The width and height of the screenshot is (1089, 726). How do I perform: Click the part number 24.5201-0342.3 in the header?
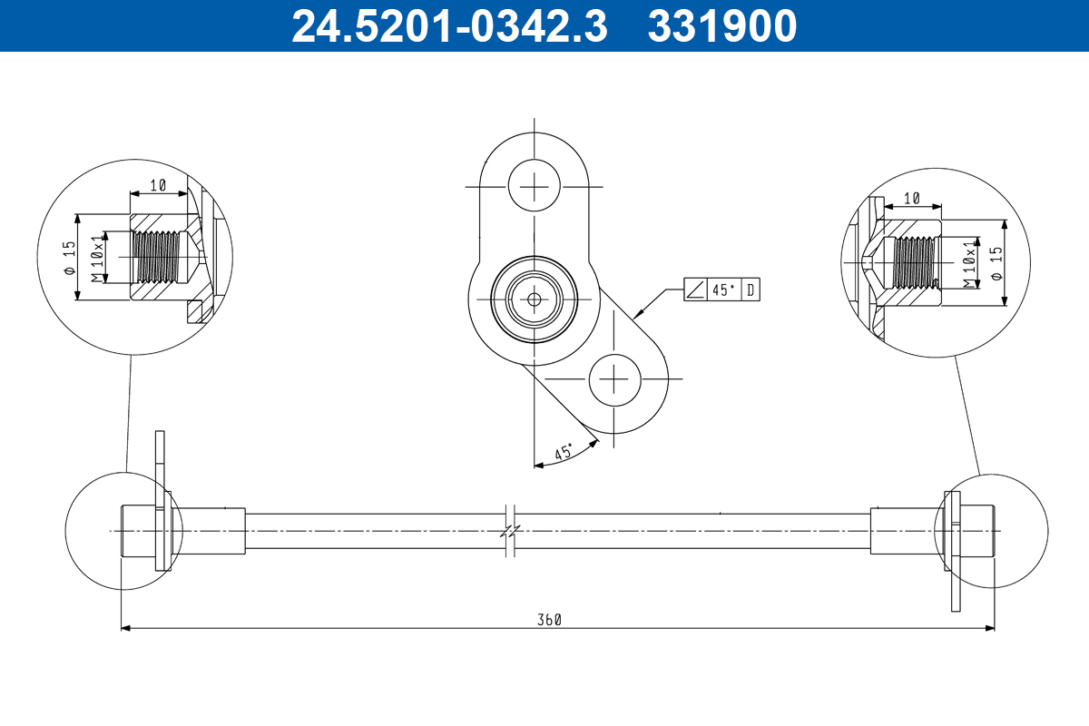pos(449,26)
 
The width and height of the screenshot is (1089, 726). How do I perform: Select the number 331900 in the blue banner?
pos(722,26)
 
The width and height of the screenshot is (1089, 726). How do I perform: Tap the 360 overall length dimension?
pos(549,620)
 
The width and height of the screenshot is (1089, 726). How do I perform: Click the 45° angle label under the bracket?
pos(564,452)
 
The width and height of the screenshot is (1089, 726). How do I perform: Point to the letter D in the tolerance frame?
pos(751,289)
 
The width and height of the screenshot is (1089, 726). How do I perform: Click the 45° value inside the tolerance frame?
pos(724,289)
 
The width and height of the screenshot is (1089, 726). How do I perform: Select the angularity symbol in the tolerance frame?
pos(696,289)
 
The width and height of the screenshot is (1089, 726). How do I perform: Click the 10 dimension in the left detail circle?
pos(158,185)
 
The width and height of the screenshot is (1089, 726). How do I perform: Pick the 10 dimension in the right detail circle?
pos(911,199)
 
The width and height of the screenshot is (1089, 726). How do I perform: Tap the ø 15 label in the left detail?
pos(70,258)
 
